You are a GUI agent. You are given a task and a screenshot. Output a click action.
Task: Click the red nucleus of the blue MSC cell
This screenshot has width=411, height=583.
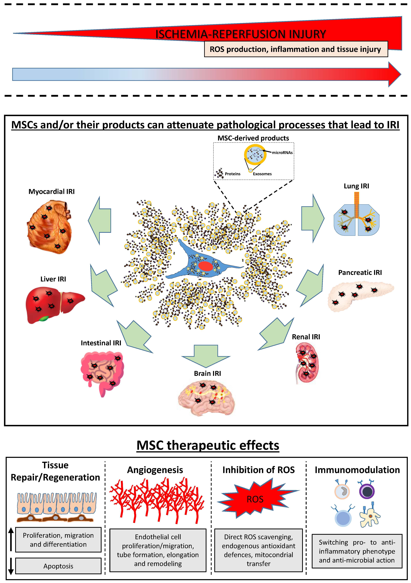(x=205, y=266)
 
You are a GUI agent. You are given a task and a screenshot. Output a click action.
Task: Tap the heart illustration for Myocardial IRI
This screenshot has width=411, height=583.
(x=50, y=227)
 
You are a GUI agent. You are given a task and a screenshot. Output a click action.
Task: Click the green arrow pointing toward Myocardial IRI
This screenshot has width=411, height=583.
(x=100, y=220)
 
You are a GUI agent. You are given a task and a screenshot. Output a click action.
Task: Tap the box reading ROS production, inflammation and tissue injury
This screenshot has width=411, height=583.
(x=296, y=49)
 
